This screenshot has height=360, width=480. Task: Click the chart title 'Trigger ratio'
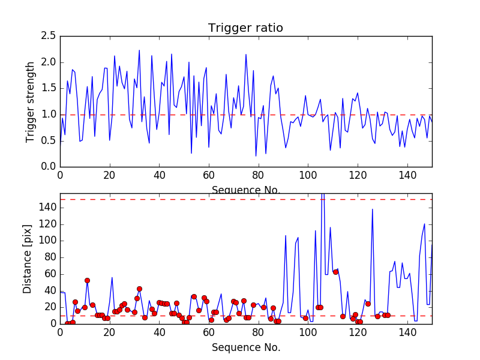[x=245, y=28]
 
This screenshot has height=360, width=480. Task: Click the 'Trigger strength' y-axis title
[x=31, y=101]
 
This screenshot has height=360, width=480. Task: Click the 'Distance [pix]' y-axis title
[x=28, y=260]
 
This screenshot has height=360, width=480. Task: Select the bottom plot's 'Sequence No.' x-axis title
[x=245, y=347]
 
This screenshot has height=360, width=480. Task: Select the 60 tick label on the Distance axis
[x=49, y=274]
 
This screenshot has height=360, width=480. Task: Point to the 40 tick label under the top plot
[x=159, y=176]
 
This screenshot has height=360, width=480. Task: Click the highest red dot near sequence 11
[x=87, y=280]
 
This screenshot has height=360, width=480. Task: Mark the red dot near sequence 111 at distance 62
[x=335, y=272]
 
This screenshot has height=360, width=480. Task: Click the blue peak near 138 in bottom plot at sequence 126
[x=373, y=209]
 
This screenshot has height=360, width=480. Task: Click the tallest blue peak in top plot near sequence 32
[x=139, y=50]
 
